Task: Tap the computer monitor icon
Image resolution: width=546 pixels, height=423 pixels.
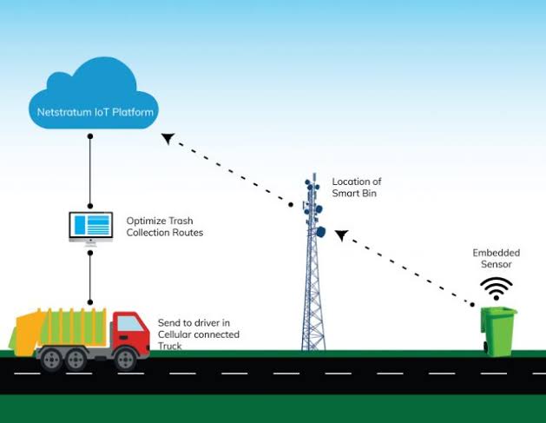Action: pyautogui.click(x=90, y=226)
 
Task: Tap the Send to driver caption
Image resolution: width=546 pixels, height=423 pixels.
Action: pyautogui.click(x=198, y=334)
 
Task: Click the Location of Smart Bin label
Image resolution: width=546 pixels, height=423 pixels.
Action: pyautogui.click(x=357, y=188)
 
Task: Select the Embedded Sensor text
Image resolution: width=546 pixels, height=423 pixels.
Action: pyautogui.click(x=496, y=258)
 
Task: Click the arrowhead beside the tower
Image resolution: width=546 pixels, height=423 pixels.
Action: pyautogui.click(x=342, y=235)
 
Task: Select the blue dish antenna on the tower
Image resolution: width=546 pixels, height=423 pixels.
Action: pyautogui.click(x=319, y=232)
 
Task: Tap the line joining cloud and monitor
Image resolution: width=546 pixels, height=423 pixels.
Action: pyautogui.click(x=90, y=172)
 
